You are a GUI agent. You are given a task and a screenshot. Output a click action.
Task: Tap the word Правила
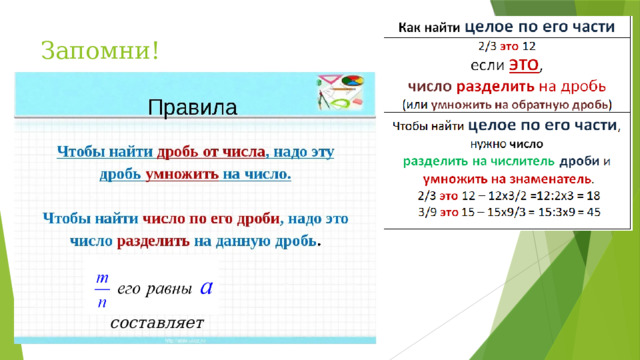(x=192, y=107)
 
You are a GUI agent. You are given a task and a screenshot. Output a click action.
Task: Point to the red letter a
(x=206, y=287)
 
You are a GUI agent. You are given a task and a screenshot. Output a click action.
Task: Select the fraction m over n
(x=101, y=288)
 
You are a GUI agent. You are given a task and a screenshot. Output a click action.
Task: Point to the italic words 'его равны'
(x=155, y=289)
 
